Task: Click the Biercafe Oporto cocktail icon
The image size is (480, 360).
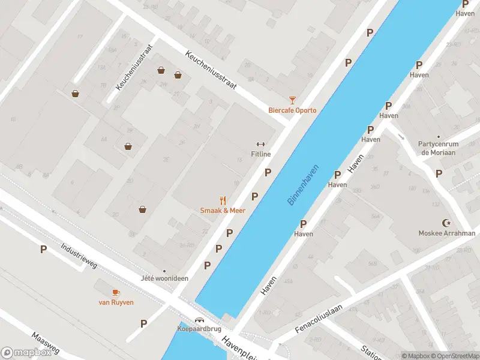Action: [292, 100]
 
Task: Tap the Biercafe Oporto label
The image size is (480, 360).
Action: [292, 110]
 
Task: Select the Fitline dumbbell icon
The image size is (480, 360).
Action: [260, 144]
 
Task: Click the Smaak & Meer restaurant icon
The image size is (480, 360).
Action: [223, 200]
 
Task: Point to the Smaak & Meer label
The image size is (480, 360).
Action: [223, 211]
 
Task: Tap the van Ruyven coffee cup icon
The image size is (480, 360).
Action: [116, 292]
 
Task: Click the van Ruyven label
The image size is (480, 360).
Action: [116, 302]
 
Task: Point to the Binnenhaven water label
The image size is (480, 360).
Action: [305, 185]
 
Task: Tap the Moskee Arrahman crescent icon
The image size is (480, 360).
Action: [446, 223]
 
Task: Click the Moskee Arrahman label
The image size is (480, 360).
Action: [447, 233]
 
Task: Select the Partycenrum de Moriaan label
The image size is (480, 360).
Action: [439, 148]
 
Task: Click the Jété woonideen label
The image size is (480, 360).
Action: [164, 279]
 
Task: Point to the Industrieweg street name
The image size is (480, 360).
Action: [79, 256]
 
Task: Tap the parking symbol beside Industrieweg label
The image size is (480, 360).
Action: [43, 249]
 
